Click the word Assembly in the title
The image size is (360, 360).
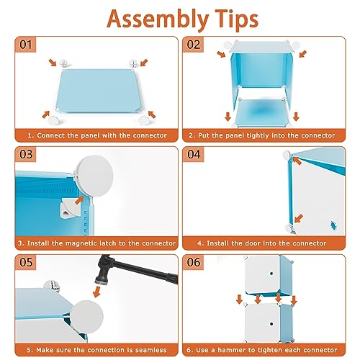coord(158,19)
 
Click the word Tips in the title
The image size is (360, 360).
coord(236,19)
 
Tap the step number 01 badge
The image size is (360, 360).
coord(25,45)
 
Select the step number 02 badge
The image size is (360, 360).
coord(193,45)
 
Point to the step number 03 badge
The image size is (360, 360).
coord(26,154)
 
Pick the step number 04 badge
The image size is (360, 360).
coord(194,154)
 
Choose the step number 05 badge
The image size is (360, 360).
coord(26,262)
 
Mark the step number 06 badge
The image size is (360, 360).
coord(194,262)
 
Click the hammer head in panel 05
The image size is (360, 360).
coord(102,271)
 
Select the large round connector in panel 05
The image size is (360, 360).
coord(87,316)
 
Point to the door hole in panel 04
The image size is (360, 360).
coord(333,225)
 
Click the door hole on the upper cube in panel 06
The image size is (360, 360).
coord(271,274)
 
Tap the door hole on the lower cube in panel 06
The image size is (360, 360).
coord(271,324)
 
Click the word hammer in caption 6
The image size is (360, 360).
coord(233,350)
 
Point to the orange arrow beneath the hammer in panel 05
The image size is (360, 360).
coord(96,292)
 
